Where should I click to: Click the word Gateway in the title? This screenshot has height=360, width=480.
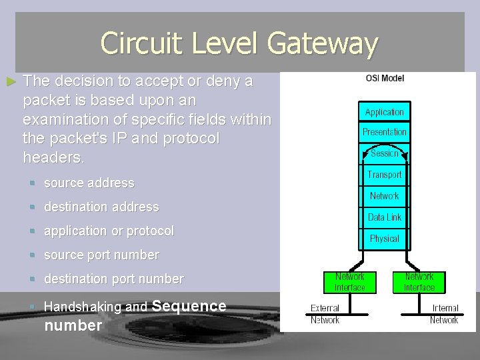click(x=323, y=44)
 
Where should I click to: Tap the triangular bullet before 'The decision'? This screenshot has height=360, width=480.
click(x=10, y=82)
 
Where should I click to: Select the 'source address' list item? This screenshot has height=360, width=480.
click(x=89, y=183)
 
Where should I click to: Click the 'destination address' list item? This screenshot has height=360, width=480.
click(x=101, y=207)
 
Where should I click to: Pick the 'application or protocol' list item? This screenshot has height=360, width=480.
click(x=109, y=231)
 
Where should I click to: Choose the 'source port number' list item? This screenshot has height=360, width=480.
click(x=101, y=255)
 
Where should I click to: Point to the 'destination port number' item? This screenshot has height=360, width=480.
click(x=113, y=279)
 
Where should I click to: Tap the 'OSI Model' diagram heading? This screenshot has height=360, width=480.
click(x=385, y=78)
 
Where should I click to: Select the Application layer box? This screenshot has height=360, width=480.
click(x=385, y=112)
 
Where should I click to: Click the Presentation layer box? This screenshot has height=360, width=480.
click(x=385, y=132)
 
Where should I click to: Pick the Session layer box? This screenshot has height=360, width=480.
click(x=385, y=153)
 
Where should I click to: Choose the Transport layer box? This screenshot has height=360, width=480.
click(x=385, y=175)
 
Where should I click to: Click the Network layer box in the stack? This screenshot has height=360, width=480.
click(x=385, y=196)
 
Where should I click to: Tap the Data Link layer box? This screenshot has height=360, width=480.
click(x=385, y=217)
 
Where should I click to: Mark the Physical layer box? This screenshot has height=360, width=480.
click(x=385, y=239)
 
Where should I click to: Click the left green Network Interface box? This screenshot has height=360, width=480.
click(x=350, y=282)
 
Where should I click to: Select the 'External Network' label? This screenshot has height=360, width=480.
click(x=325, y=314)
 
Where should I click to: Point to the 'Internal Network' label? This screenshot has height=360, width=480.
click(x=444, y=314)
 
